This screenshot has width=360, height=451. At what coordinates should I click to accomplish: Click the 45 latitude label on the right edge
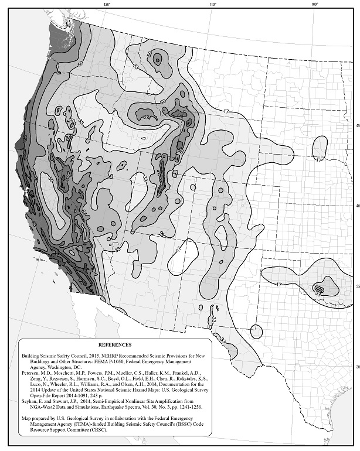(x=356, y=126)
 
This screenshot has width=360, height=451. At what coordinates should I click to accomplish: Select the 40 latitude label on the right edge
(x=356, y=206)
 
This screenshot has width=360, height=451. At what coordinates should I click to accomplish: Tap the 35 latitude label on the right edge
(x=356, y=286)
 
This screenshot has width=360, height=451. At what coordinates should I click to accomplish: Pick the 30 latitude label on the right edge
(x=356, y=367)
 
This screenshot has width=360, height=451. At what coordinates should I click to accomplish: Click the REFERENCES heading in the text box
(x=115, y=345)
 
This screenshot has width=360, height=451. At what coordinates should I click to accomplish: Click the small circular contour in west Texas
(x=256, y=332)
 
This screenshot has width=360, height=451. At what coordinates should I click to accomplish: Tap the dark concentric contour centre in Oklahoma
(x=319, y=288)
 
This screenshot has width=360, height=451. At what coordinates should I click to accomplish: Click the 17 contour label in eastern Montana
(x=225, y=111)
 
